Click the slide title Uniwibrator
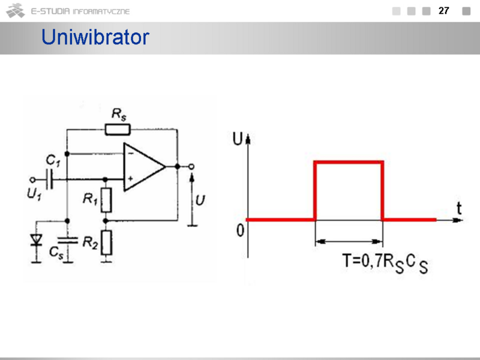95,38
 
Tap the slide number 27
444,11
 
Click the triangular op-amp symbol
143,167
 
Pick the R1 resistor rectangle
106,200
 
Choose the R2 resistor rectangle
106,242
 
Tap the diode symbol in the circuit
37,240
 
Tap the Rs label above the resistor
119,113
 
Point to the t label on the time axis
459,208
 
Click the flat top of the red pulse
349,161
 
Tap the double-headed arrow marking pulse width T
349,241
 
